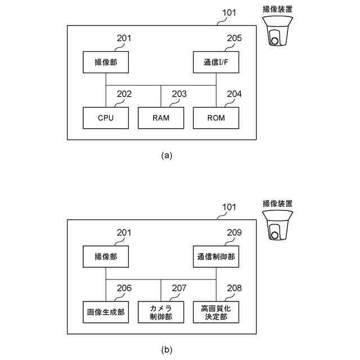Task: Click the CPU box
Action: pyautogui.click(x=106, y=118)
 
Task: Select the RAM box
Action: pyautogui.click(x=161, y=118)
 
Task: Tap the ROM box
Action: pyautogui.click(x=216, y=118)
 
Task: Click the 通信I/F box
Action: pyautogui.click(x=216, y=61)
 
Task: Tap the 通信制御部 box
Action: pyautogui.click(x=216, y=256)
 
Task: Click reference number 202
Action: pyautogui.click(x=124, y=94)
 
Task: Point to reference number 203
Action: pyautogui.click(x=179, y=94)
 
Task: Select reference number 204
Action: pyautogui.click(x=234, y=94)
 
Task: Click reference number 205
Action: pyautogui.click(x=234, y=38)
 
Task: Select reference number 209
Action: pyautogui.click(x=234, y=232)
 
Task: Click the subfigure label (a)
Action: pyautogui.click(x=166, y=155)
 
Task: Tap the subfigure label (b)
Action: pyautogui.click(x=166, y=349)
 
